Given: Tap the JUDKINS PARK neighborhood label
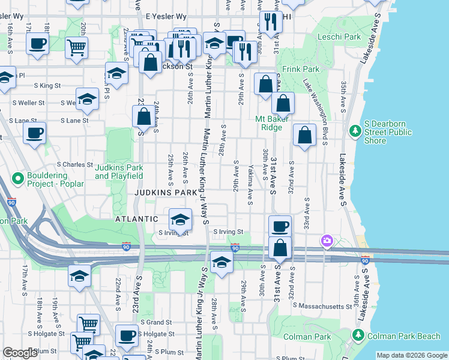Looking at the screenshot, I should click(165, 193).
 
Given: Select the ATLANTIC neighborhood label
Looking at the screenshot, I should click(137, 219).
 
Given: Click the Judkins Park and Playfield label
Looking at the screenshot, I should click(119, 172).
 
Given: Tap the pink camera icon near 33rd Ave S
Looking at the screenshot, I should click(327, 241).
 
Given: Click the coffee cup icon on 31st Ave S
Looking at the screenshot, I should click(280, 227).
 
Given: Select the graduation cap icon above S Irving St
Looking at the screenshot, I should click(179, 219).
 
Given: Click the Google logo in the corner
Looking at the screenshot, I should click(20, 353).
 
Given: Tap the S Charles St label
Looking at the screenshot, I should click(75, 164).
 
